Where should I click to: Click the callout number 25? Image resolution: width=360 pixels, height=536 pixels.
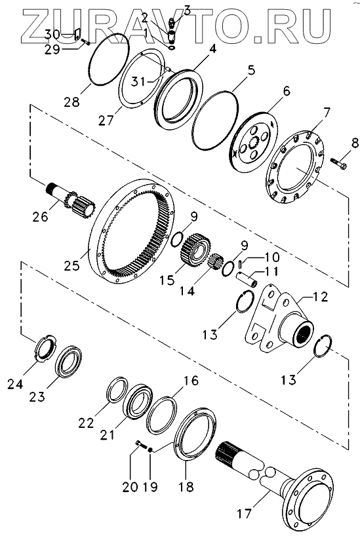(71, 265)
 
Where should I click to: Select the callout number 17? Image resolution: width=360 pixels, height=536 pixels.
(245, 513)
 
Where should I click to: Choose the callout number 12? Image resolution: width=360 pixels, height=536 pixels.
(319, 296)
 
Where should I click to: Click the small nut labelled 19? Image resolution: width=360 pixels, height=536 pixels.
(150, 451)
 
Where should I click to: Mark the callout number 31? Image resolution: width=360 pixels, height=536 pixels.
(140, 82)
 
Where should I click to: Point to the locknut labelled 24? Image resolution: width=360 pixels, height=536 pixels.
(46, 347)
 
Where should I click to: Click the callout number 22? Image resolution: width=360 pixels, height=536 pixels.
(86, 423)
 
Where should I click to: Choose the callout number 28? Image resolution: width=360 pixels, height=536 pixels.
(71, 102)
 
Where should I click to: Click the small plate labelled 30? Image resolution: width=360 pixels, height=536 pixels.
(77, 34)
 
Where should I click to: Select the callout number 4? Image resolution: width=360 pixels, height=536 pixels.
(213, 48)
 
